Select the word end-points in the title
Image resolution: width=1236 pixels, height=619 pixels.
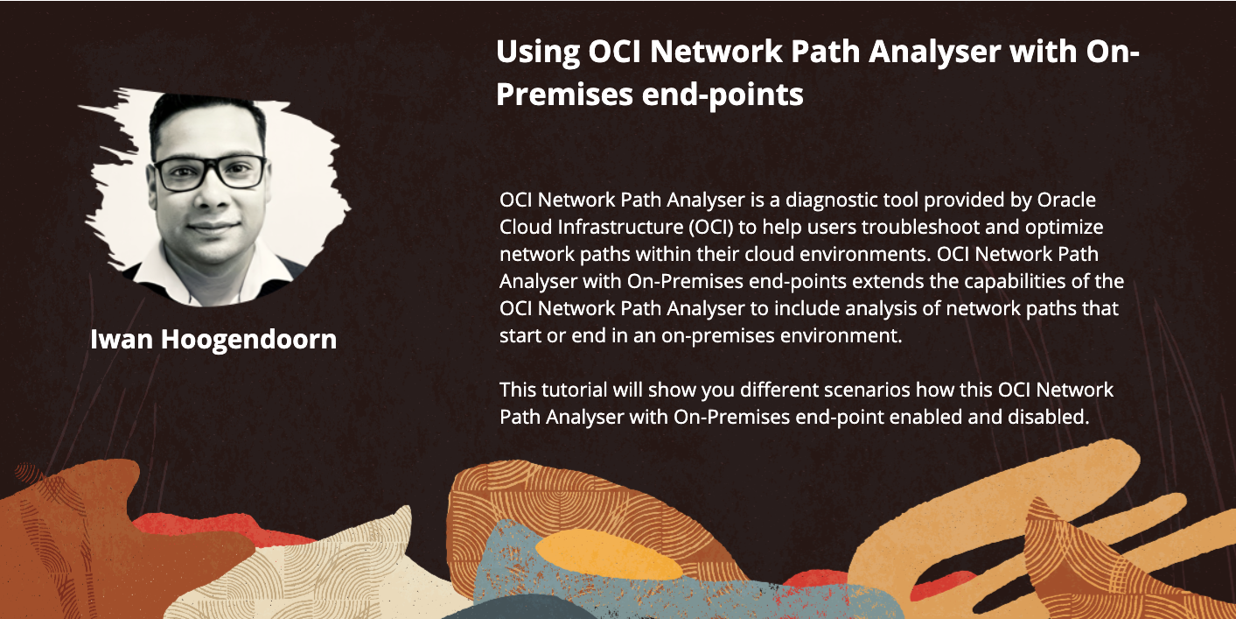tap(723, 95)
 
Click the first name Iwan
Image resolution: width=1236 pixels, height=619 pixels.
tap(122, 339)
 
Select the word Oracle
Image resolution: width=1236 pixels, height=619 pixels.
tap(1066, 200)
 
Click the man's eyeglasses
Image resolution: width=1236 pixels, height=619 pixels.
tap(210, 172)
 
